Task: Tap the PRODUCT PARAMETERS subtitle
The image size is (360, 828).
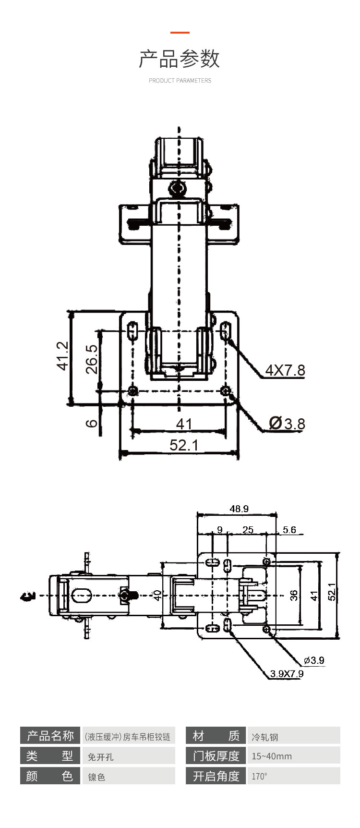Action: click(x=180, y=81)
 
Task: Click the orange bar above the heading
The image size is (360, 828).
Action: click(x=180, y=33)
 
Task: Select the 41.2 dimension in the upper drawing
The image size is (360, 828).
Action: click(x=63, y=356)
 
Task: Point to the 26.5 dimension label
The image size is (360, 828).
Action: click(x=92, y=359)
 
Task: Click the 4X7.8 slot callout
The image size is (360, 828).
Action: click(x=285, y=370)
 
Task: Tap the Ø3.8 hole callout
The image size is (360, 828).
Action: click(x=287, y=424)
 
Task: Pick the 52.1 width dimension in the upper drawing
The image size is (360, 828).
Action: click(x=184, y=445)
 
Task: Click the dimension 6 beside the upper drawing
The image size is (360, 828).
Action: click(x=91, y=424)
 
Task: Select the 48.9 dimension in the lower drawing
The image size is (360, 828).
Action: click(x=239, y=509)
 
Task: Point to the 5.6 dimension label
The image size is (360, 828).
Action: click(x=289, y=530)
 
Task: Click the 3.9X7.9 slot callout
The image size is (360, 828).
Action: click(x=287, y=674)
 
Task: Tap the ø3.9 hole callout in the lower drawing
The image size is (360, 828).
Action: click(x=314, y=660)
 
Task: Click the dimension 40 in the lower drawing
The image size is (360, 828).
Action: click(x=157, y=595)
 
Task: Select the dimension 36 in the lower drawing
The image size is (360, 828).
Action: click(x=294, y=595)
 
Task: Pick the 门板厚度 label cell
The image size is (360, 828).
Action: click(x=216, y=756)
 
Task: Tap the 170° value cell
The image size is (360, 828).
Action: click(x=293, y=776)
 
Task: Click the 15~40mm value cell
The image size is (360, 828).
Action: click(x=293, y=756)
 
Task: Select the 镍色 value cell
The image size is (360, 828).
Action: click(x=129, y=777)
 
